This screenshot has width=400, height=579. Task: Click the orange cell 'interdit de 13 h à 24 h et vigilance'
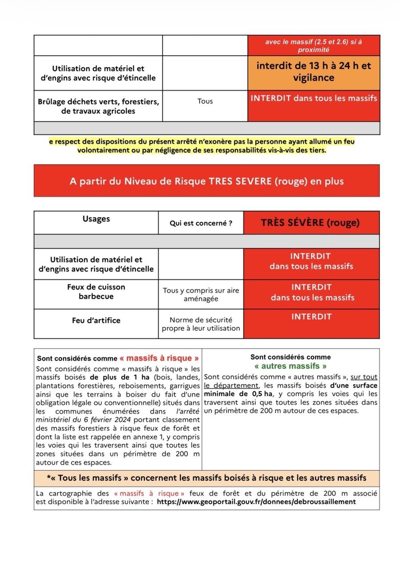[313, 72]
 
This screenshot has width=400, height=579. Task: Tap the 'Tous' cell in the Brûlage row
[205, 101]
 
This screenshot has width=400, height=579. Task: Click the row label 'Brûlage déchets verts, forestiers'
[98, 106]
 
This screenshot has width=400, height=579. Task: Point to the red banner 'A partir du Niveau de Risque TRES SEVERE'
[207, 181]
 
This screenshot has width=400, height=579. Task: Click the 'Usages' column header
[96, 219]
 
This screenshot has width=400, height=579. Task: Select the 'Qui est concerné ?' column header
[201, 223]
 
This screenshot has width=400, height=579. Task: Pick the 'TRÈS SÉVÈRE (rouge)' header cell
[310, 222]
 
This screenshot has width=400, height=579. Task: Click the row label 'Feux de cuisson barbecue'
[96, 292]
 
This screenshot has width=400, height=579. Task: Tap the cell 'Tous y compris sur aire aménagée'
[201, 294]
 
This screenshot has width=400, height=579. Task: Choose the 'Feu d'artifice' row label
[96, 320]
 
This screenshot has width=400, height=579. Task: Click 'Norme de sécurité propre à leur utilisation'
[201, 324]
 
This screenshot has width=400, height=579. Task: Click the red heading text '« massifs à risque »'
[159, 358]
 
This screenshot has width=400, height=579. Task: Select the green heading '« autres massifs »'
[290, 366]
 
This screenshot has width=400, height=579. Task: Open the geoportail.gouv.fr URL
[256, 502]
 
